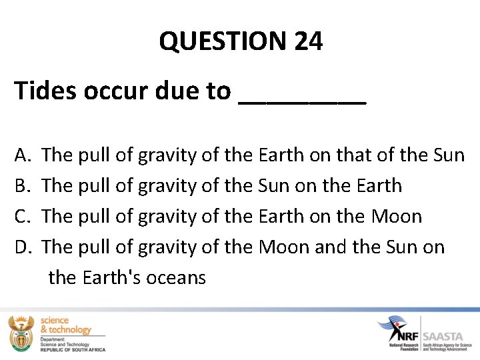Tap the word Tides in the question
pos(45,91)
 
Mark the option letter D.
pos(21,247)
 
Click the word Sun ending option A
pos(448,155)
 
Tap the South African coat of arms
pos(21,333)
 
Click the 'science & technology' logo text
pos(65,325)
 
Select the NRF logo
pos(399,331)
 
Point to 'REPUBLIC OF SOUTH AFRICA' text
pos(72,349)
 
